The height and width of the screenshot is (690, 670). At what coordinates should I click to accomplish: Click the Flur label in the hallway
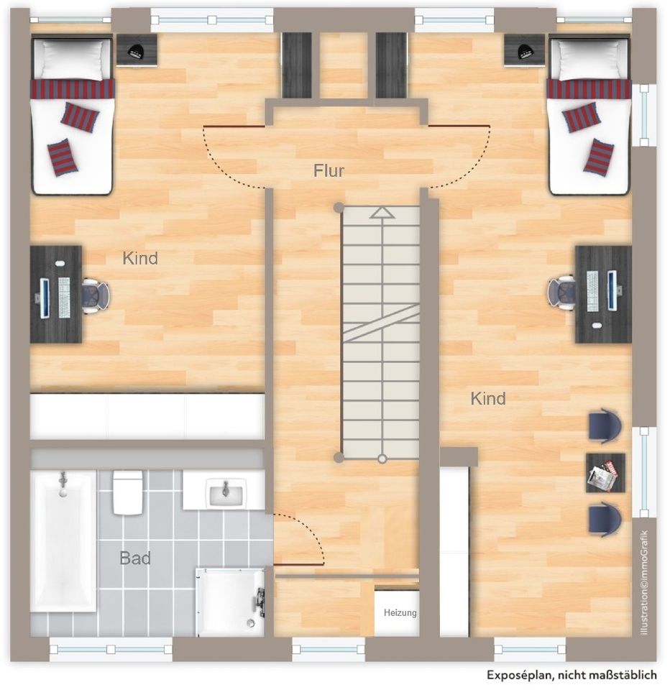329,171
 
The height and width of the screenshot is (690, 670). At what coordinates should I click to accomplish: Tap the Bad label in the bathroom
134,557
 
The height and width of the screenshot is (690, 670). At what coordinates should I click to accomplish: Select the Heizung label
400,613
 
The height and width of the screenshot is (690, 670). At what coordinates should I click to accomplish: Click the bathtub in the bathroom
63,540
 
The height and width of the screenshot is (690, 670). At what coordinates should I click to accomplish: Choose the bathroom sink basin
225,493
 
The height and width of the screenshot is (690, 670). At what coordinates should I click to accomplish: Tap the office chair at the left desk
95,294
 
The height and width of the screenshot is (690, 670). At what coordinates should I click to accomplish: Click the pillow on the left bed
72,58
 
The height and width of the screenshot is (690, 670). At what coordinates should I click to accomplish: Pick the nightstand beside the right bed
524,50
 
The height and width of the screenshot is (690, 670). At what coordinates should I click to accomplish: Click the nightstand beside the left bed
137,50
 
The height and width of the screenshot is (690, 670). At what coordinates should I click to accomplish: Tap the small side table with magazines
605,472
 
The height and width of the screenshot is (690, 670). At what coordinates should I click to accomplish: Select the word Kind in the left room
140,258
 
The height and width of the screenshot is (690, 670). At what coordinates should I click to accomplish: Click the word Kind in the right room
488,398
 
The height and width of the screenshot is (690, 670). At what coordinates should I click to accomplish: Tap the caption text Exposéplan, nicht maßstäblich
572,675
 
